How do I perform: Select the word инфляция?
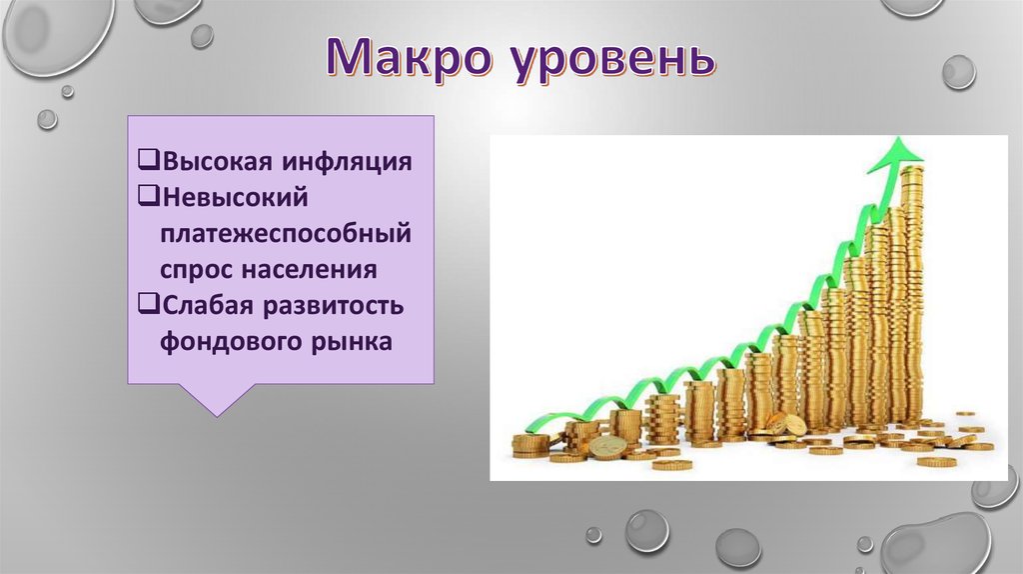point(347,162)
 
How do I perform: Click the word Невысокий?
point(235,197)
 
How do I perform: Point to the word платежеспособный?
point(286,233)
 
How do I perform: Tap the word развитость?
point(333,306)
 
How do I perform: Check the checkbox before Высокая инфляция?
point(149,160)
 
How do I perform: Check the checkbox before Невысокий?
point(149,196)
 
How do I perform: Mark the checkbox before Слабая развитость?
point(149,304)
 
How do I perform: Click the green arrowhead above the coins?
point(897,153)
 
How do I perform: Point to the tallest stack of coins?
point(913,295)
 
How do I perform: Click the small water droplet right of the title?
point(959,72)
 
